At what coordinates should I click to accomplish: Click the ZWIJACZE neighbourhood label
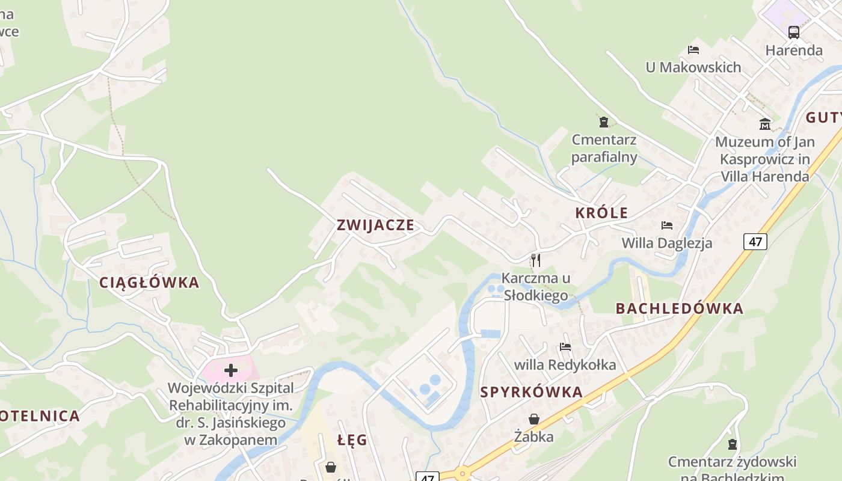pos(375,225)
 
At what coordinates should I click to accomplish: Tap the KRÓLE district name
pos(601,213)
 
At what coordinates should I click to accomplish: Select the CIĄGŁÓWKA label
pos(149,283)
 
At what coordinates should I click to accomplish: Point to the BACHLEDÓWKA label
pos(679,309)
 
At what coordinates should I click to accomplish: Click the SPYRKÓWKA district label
pos(532,393)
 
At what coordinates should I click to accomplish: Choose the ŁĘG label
pos(352,440)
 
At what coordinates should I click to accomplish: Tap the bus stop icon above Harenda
pos(794,32)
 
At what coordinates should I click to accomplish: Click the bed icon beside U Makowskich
pos(693,50)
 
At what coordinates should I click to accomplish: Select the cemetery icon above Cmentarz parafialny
pos(604,123)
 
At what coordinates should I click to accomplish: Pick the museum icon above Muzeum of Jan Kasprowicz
pos(765,124)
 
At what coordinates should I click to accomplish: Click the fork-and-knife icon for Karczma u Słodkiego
pos(536,260)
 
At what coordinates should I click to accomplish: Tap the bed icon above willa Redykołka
pos(565,347)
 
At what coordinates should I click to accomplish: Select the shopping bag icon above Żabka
pos(534,419)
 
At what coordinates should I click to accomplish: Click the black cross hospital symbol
pos(231,370)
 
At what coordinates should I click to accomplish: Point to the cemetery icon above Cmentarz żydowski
pos(733,444)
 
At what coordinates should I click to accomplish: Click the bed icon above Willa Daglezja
pos(667,225)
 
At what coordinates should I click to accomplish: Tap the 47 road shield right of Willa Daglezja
pos(755,242)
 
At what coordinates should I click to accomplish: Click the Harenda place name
pos(794,51)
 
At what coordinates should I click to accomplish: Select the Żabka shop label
pos(534,437)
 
